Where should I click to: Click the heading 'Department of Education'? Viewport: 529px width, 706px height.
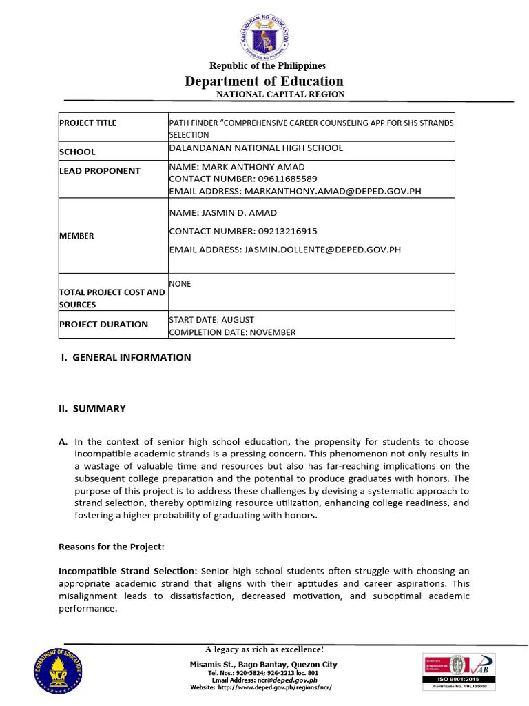coord(264,81)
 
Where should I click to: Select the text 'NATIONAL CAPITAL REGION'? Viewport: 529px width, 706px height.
coord(280,94)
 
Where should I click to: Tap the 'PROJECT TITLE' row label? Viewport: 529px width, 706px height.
coord(87,123)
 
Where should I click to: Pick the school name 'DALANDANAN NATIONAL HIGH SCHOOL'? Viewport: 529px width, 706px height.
coord(256,148)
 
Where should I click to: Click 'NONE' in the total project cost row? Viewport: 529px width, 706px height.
coord(180,283)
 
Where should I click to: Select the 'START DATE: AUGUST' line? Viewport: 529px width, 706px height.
coord(211,320)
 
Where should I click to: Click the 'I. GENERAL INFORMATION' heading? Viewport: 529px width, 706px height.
coord(125,357)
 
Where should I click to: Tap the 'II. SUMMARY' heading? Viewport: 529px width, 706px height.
coord(92,408)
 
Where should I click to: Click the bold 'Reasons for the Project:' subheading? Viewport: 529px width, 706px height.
coord(112,547)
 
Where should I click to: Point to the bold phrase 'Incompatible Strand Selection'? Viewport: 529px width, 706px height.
coord(127,571)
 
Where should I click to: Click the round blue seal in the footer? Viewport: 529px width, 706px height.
coord(56,670)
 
